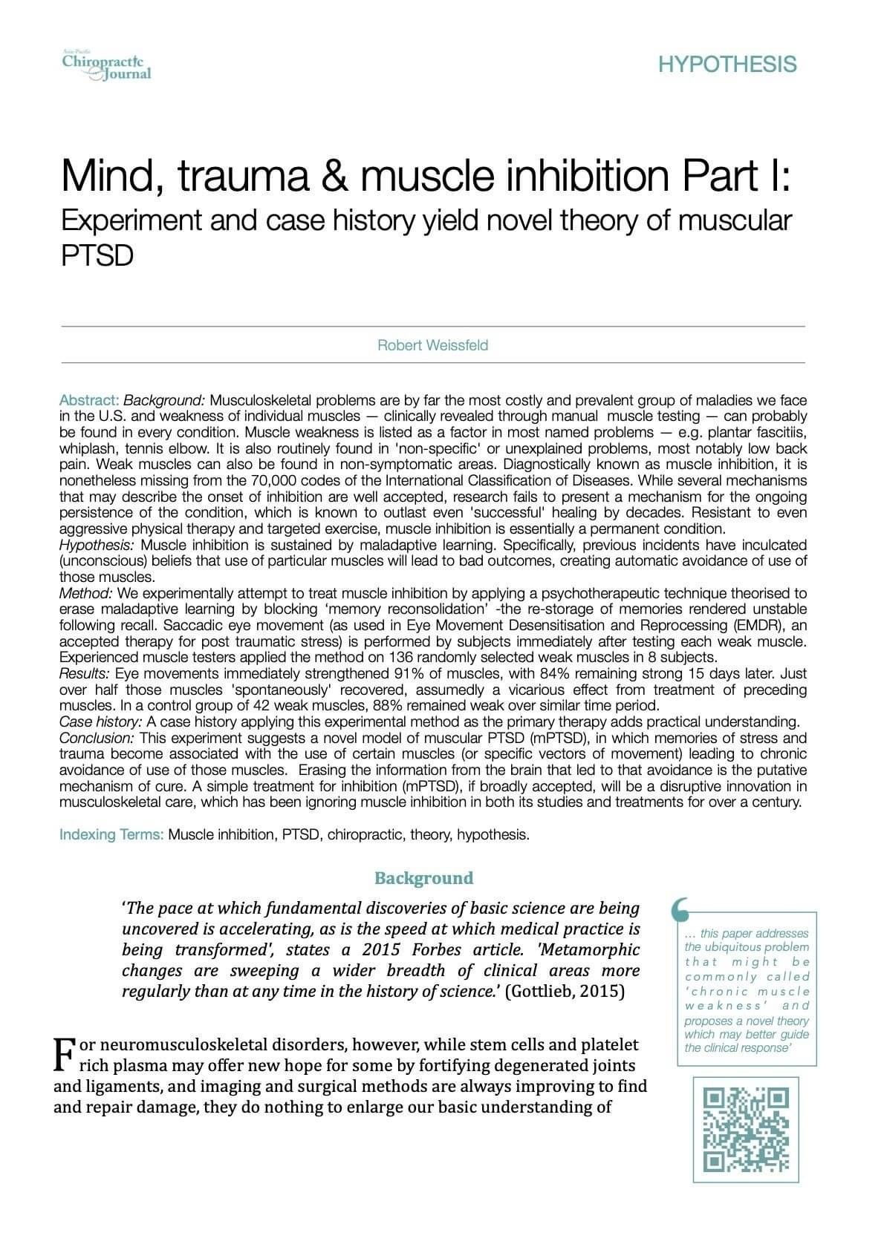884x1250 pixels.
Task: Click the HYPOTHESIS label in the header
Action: [x=727, y=65]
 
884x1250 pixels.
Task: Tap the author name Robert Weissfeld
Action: [x=433, y=345]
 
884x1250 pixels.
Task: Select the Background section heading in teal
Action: [x=423, y=878]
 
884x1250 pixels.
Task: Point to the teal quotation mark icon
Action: [x=679, y=908]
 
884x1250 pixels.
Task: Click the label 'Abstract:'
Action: [x=89, y=400]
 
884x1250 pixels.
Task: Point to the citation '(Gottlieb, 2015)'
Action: [x=564, y=992]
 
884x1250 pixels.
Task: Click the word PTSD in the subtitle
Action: [x=97, y=255]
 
